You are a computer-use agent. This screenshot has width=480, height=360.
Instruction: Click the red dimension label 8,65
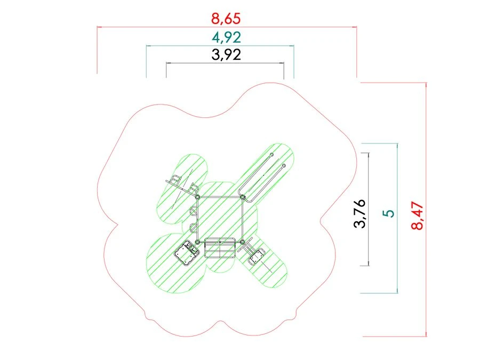[226, 19]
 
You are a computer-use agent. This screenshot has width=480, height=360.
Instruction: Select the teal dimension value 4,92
[226, 37]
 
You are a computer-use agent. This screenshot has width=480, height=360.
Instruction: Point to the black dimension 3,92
[226, 55]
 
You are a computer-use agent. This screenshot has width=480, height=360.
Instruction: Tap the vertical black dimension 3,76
[359, 213]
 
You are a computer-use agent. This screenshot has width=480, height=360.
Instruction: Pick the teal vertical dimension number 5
[389, 213]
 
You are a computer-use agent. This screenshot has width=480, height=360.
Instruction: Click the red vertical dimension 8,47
[417, 215]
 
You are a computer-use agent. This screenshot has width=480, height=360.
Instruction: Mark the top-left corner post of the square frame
[197, 197]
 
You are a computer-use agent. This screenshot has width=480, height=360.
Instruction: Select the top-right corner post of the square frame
[242, 197]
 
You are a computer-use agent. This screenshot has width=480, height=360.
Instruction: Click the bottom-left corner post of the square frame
[197, 242]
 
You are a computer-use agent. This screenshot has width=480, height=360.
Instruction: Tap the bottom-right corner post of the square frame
[242, 242]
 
